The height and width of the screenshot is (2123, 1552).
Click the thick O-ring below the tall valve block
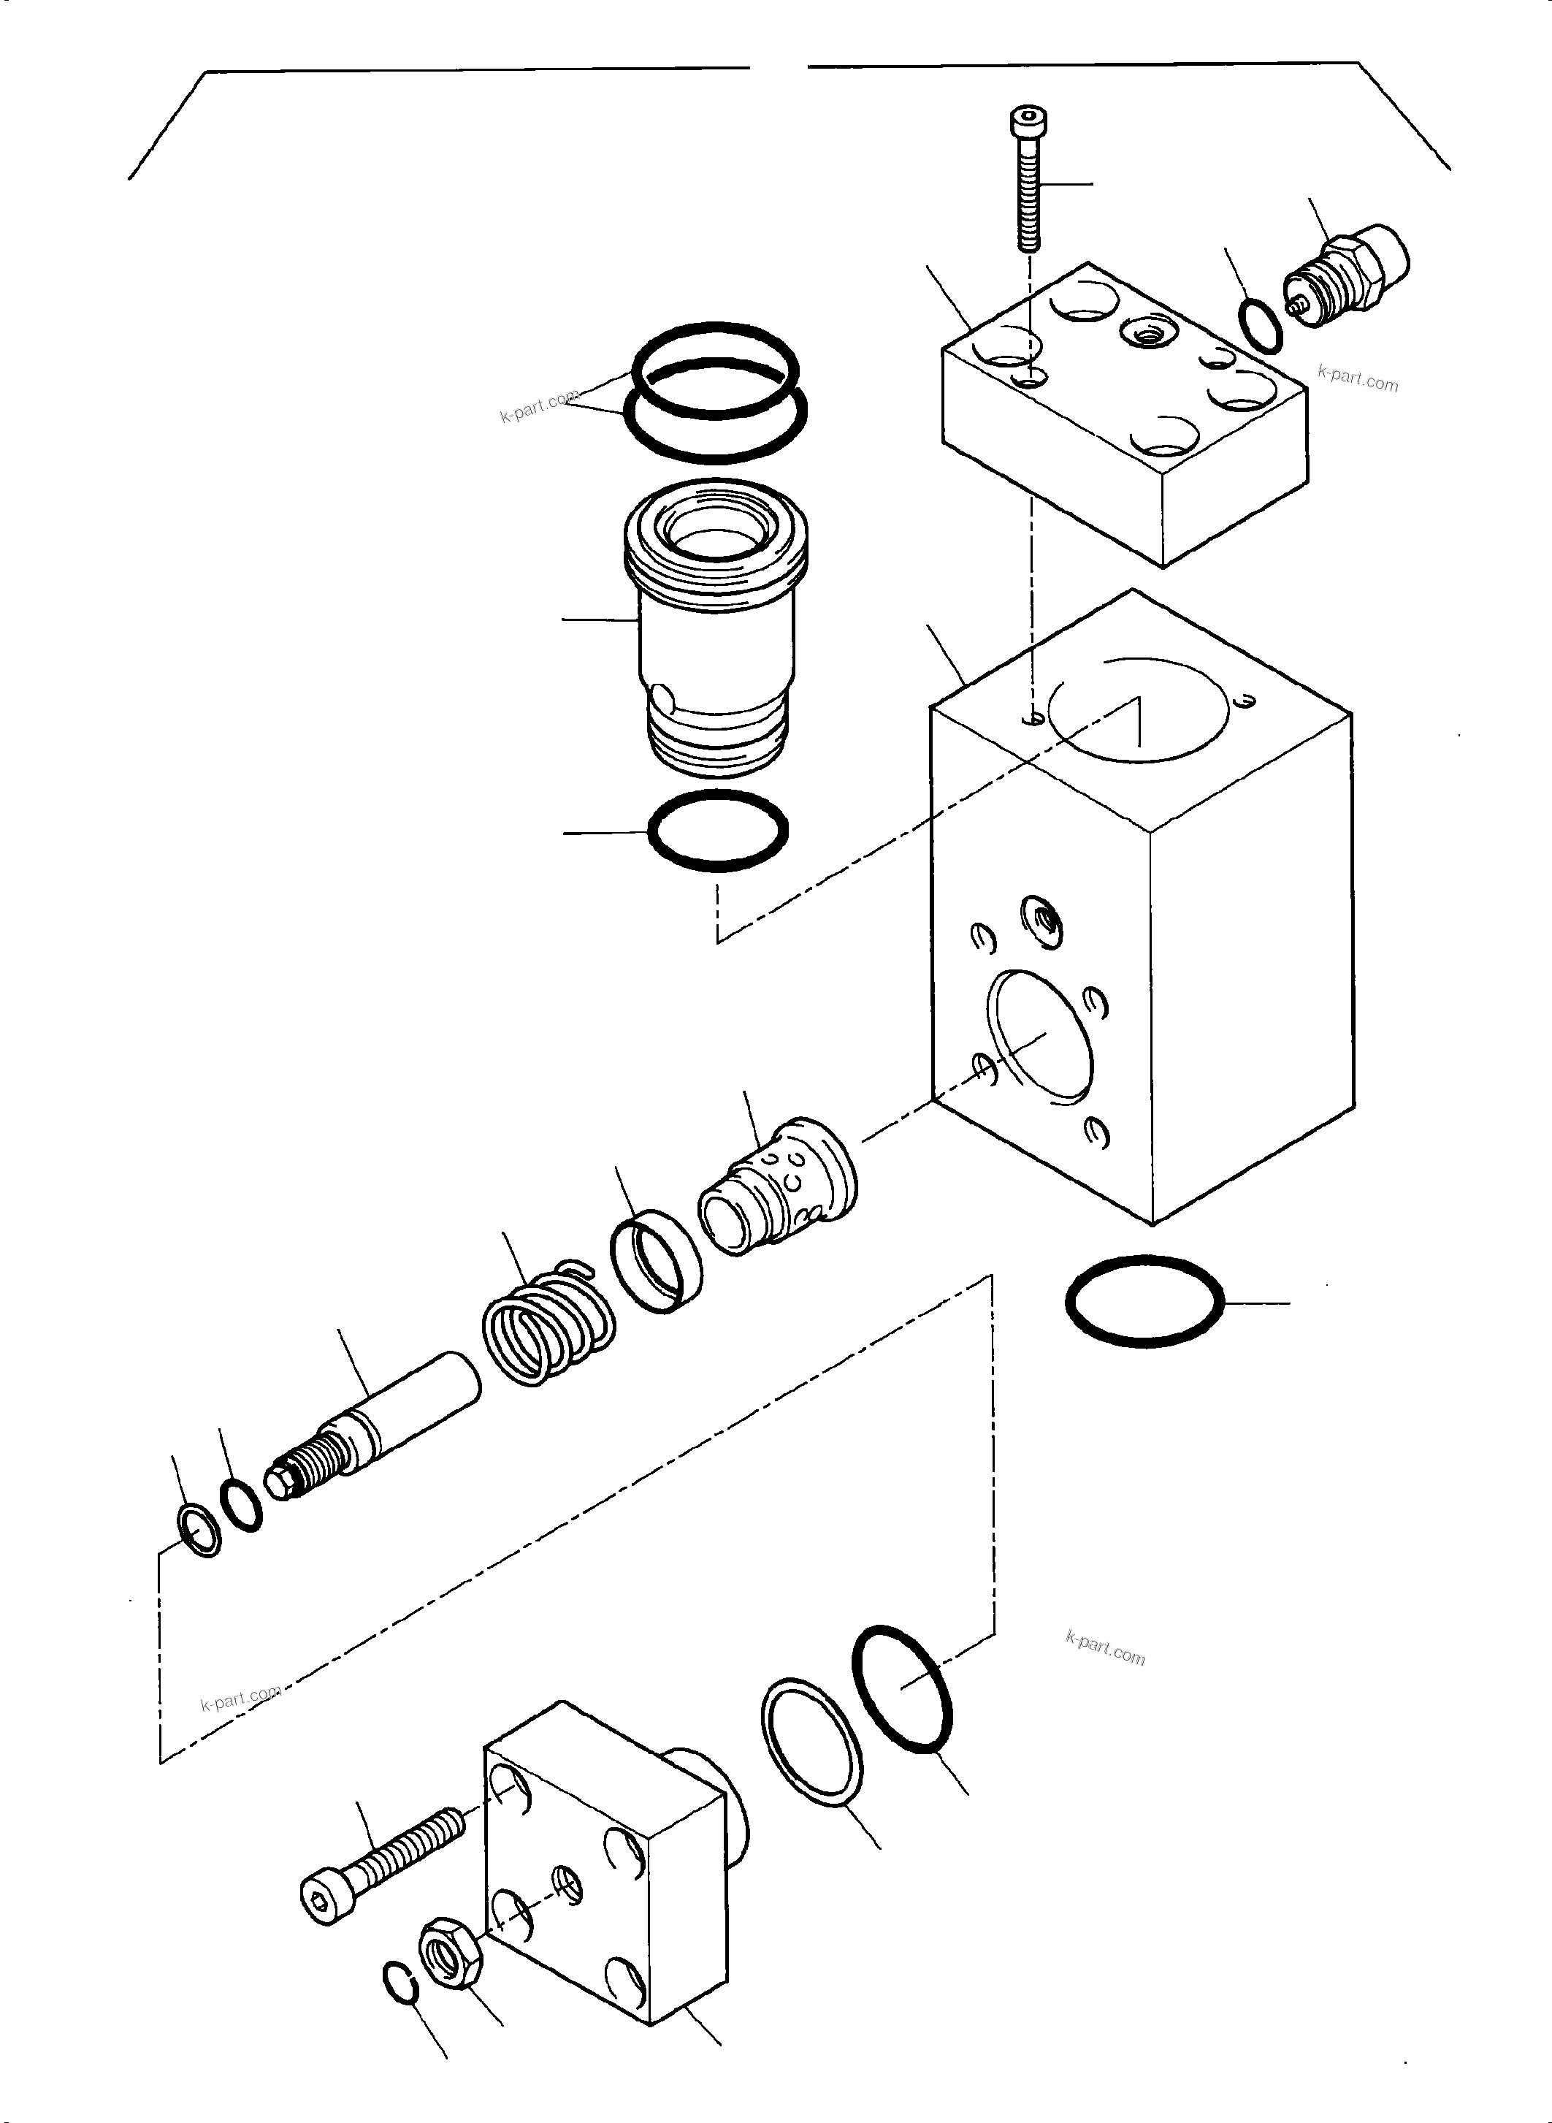(1145, 1300)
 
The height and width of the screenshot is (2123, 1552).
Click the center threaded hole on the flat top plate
(1144, 331)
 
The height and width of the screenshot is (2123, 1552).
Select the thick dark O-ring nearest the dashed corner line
(903, 1688)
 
